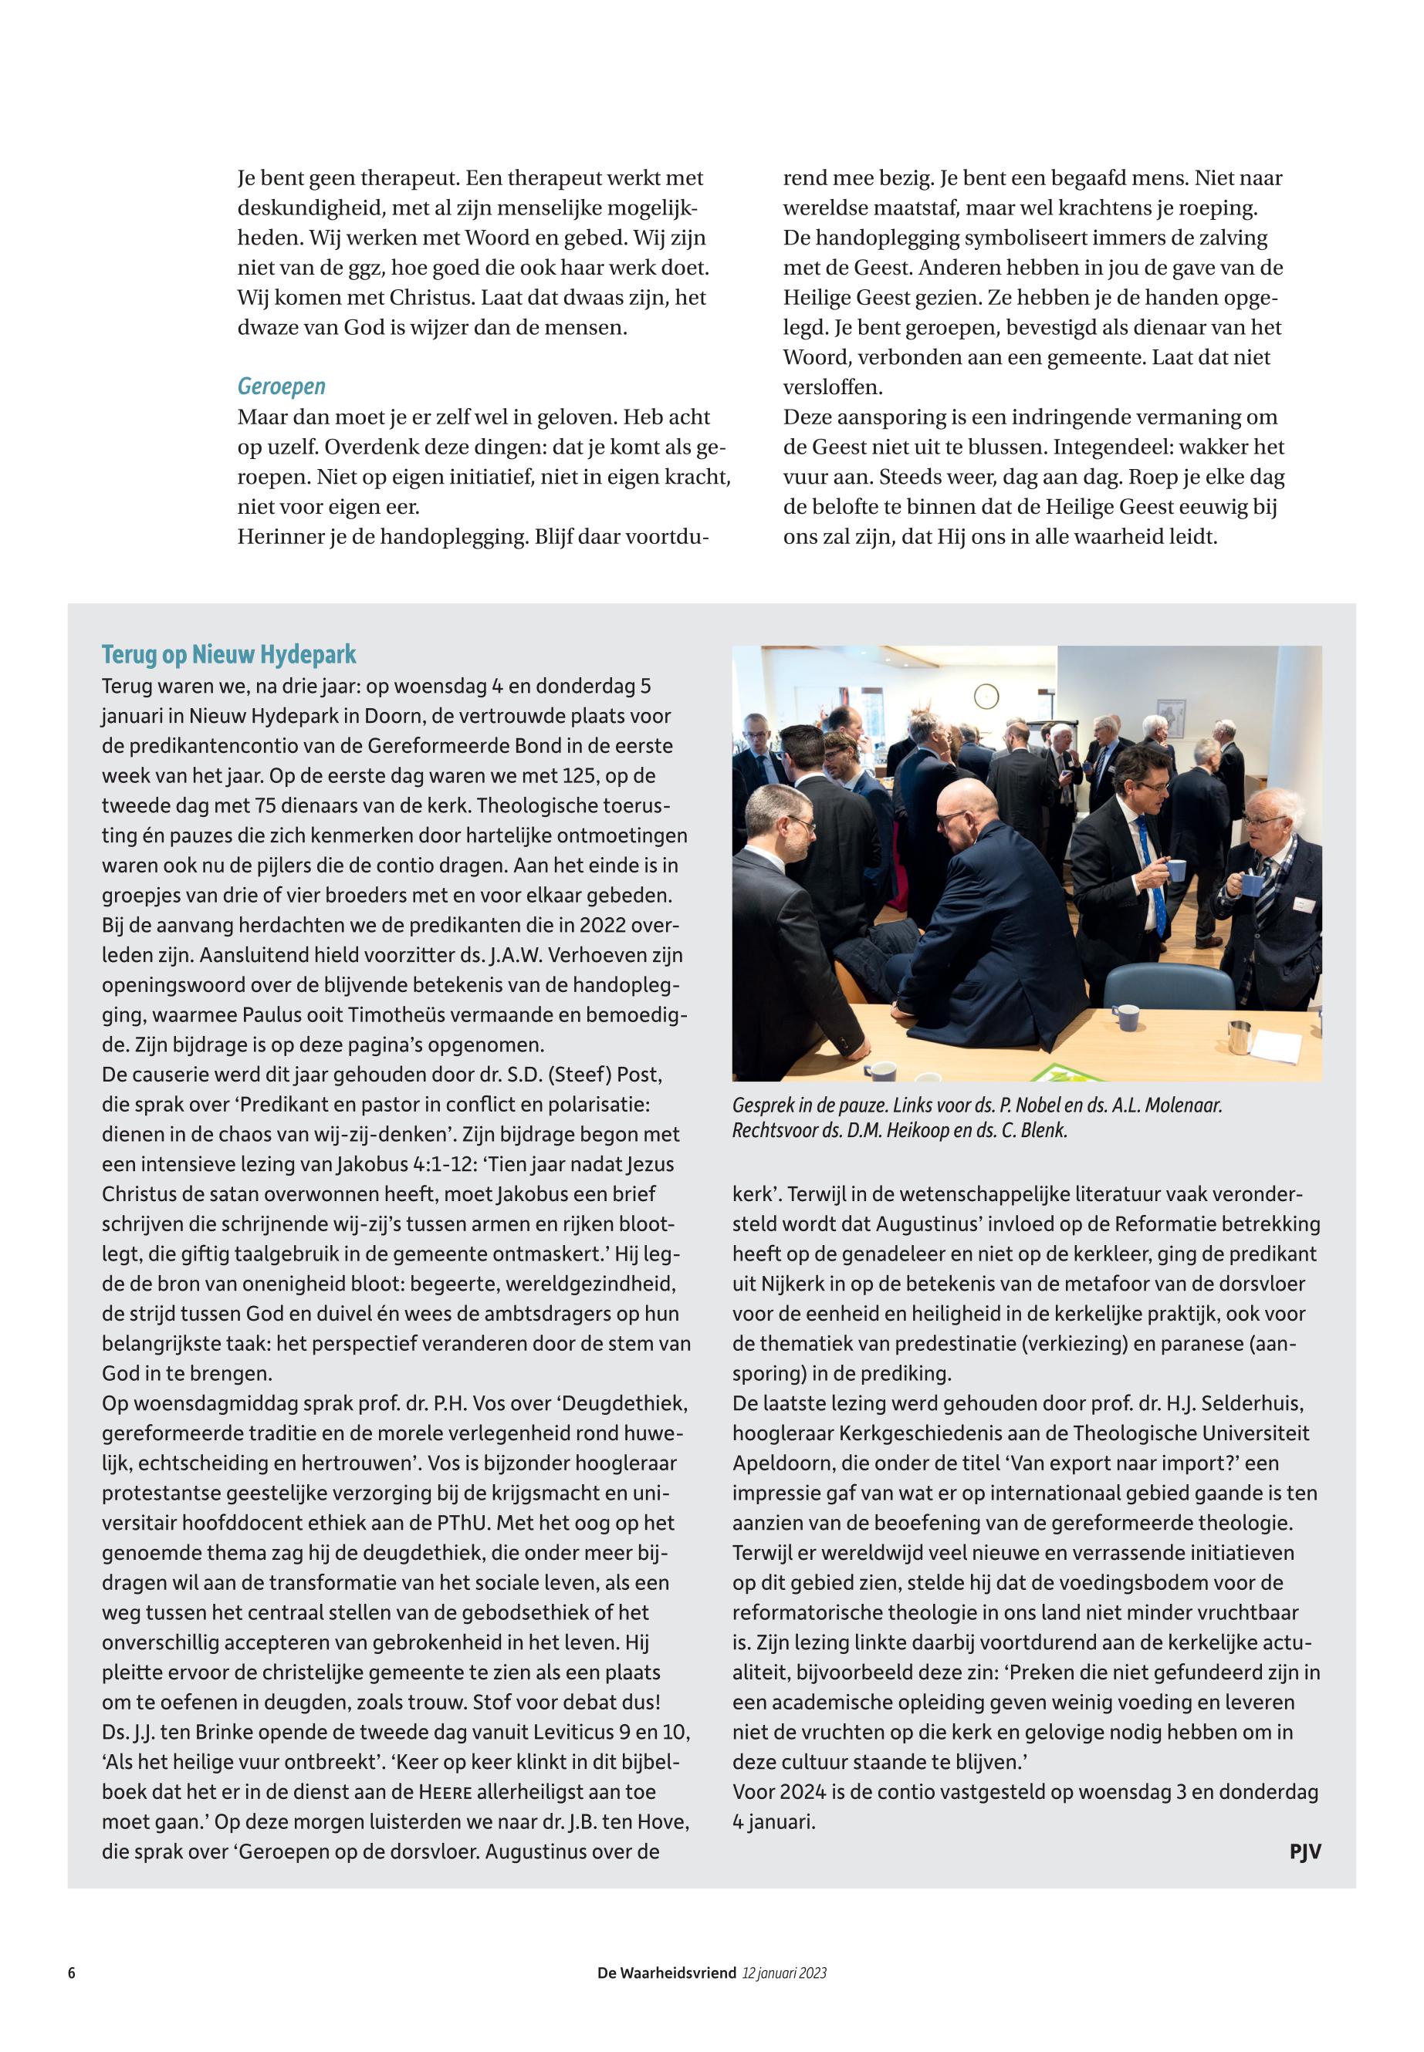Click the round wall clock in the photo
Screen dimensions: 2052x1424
pos(985,696)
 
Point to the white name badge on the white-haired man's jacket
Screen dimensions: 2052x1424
pos(1304,903)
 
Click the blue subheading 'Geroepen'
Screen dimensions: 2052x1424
pos(281,386)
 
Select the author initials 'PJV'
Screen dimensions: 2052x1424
pos(1304,1851)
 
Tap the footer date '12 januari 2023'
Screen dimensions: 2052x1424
pos(784,1973)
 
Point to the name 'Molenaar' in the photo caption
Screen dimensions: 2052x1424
pos(1176,1105)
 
